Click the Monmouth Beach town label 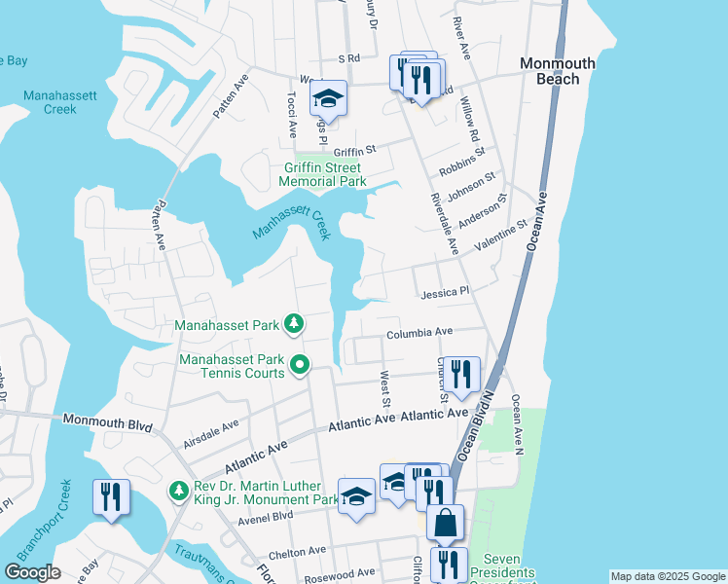tap(558, 71)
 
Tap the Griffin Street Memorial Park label tap(323, 174)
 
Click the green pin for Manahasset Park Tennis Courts tap(301, 366)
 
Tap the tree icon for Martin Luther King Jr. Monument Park tap(177, 493)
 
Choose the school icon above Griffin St tap(329, 98)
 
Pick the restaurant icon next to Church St tap(461, 374)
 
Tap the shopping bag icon tap(445, 523)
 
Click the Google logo tap(32, 572)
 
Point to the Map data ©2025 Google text tap(668, 576)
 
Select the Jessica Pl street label tap(445, 291)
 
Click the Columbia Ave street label tap(419, 333)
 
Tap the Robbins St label tap(461, 158)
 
